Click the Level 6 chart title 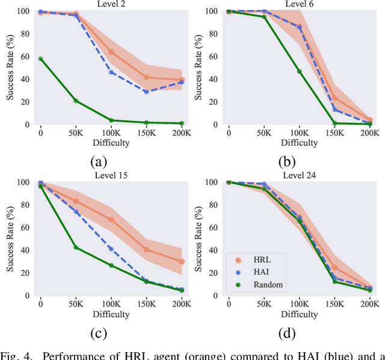tap(299, 4)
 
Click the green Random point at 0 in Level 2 tap(40, 59)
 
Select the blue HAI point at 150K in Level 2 tap(147, 92)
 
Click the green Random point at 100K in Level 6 tap(299, 72)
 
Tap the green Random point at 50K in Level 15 tap(76, 247)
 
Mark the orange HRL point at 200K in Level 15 tap(182, 261)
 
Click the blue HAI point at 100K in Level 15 tap(111, 249)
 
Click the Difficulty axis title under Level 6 tap(299, 143)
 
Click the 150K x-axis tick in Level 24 tap(334, 303)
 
